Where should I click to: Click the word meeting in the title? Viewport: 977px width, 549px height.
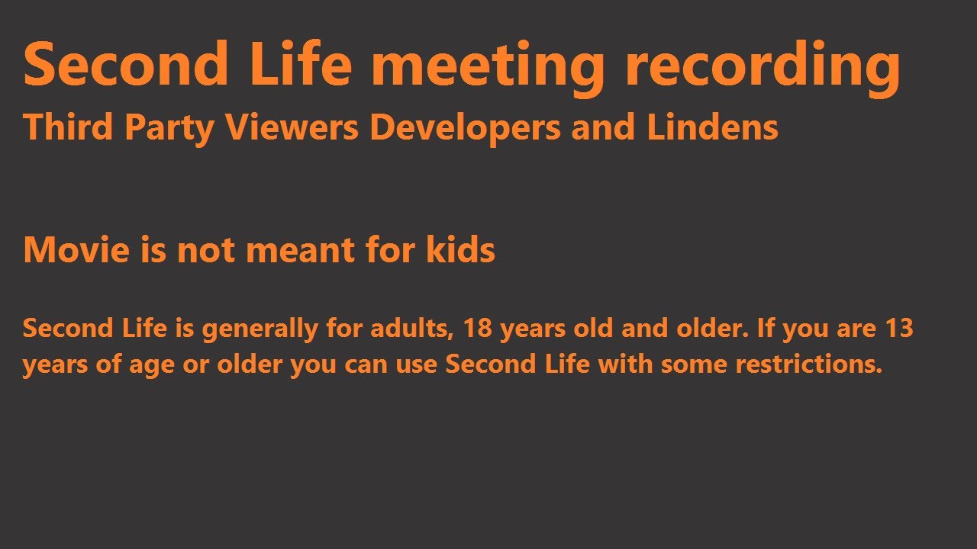click(x=488, y=66)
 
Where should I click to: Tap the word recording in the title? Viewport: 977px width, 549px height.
click(x=763, y=66)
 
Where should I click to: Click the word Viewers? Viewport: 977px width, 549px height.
click(x=291, y=127)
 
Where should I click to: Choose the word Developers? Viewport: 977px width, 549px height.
click(x=466, y=129)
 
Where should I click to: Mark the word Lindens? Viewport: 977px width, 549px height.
click(x=713, y=127)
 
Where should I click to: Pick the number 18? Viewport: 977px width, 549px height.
click(x=478, y=329)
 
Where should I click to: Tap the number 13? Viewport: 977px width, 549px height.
click(x=898, y=329)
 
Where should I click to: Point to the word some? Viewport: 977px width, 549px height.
click(x=695, y=364)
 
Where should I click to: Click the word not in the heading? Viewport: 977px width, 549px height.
click(x=207, y=251)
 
